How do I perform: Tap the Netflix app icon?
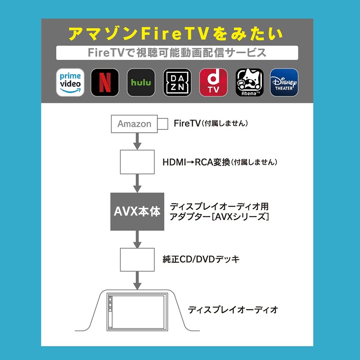[105, 82]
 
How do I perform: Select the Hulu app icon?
[141, 82]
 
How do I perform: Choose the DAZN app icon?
[177, 82]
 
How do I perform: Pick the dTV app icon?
[213, 82]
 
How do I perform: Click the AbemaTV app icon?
[249, 82]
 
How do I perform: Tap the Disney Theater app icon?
[284, 82]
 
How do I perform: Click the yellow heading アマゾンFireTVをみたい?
[176, 34]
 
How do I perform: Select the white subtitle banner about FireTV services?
[177, 53]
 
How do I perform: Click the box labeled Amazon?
[134, 124]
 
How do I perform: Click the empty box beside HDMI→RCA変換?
[137, 162]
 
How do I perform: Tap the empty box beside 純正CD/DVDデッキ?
[137, 259]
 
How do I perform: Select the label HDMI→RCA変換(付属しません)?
[220, 162]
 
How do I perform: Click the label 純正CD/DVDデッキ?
[201, 259]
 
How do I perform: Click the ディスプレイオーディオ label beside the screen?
[233, 310]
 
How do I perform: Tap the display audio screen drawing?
[137, 311]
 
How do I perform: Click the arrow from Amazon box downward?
[137, 141]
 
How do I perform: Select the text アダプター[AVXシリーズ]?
[219, 217]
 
